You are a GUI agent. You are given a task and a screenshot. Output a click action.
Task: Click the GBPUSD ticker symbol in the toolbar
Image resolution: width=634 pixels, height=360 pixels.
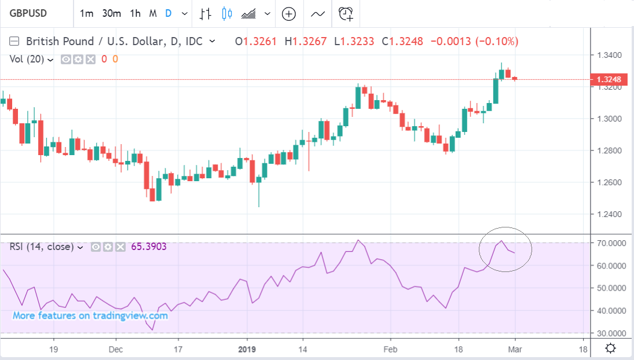(x=27, y=13)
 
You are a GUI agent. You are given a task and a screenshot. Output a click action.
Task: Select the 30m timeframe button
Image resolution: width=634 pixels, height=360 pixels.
(x=111, y=13)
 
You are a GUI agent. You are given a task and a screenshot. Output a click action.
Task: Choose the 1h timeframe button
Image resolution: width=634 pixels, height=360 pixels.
(x=135, y=13)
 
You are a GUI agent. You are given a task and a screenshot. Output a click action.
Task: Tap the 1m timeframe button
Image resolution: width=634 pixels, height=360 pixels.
(x=86, y=13)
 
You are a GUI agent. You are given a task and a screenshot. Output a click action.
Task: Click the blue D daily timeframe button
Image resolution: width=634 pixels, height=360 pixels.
(x=168, y=13)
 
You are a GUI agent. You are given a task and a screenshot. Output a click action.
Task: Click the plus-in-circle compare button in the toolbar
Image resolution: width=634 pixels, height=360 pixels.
(x=288, y=14)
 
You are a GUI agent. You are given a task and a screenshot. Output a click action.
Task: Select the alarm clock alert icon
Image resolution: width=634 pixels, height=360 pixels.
(x=346, y=14)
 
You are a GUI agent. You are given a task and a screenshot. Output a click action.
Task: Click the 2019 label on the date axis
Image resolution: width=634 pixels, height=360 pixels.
(x=247, y=348)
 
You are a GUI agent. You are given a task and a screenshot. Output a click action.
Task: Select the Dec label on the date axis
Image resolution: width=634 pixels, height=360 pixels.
(x=116, y=348)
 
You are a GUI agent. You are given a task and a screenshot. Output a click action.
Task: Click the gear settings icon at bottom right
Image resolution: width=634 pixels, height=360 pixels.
(x=610, y=348)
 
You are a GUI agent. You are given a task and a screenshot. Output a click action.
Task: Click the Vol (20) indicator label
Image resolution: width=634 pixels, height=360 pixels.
(x=27, y=59)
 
